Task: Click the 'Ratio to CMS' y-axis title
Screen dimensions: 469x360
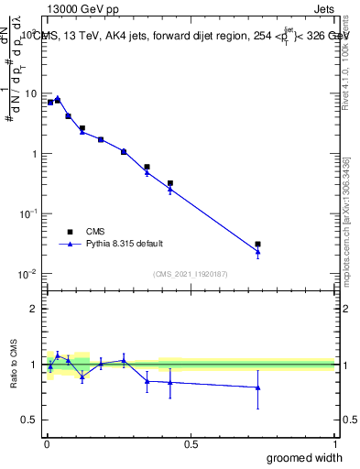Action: pos(14,365)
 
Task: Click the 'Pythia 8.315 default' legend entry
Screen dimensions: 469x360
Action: pos(124,244)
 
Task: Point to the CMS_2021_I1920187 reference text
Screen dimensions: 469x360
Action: pos(189,274)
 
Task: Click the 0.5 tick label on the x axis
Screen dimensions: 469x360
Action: pos(191,443)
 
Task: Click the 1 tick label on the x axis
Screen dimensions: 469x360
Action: pos(334,443)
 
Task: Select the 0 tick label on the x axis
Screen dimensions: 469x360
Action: pos(47,443)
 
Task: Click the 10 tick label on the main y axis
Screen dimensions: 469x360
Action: pos(30,93)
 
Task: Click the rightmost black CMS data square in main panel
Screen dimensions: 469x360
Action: pos(258,245)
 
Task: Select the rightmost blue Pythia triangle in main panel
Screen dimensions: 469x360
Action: pos(258,251)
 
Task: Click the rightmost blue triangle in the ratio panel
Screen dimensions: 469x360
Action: pos(258,387)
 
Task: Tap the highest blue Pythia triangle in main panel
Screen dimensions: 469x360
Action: pos(58,98)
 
